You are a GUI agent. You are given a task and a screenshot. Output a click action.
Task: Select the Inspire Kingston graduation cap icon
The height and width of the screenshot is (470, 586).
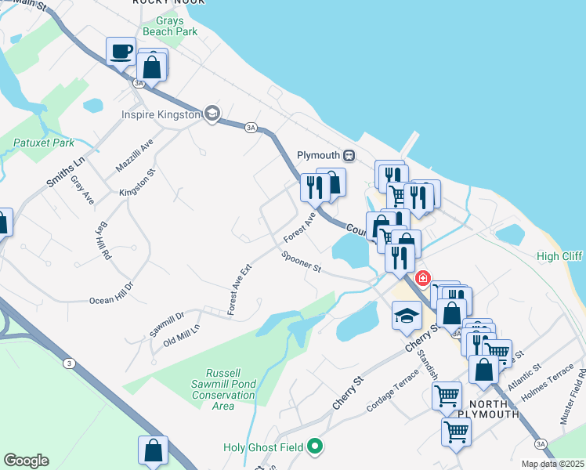point(211,114)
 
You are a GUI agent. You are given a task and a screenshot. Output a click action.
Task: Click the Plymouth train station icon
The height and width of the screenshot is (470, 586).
point(349,156)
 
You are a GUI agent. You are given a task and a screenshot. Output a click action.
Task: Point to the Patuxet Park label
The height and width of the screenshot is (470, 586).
point(44,143)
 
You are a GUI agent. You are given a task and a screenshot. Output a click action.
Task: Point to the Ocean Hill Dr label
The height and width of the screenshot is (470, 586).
point(112,293)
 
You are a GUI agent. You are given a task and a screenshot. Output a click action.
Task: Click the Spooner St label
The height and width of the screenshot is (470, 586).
point(302,262)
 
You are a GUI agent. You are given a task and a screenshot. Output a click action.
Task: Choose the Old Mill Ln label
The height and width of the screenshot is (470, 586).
point(176,336)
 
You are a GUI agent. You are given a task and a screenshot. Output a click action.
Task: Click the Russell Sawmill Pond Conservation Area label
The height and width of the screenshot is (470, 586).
point(223,389)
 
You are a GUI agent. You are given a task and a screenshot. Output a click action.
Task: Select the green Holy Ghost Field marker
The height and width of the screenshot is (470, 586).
point(315,447)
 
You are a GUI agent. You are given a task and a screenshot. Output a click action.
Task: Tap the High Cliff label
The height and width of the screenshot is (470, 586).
point(559,256)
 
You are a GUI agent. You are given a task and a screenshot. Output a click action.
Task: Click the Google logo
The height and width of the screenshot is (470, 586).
point(26,461)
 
